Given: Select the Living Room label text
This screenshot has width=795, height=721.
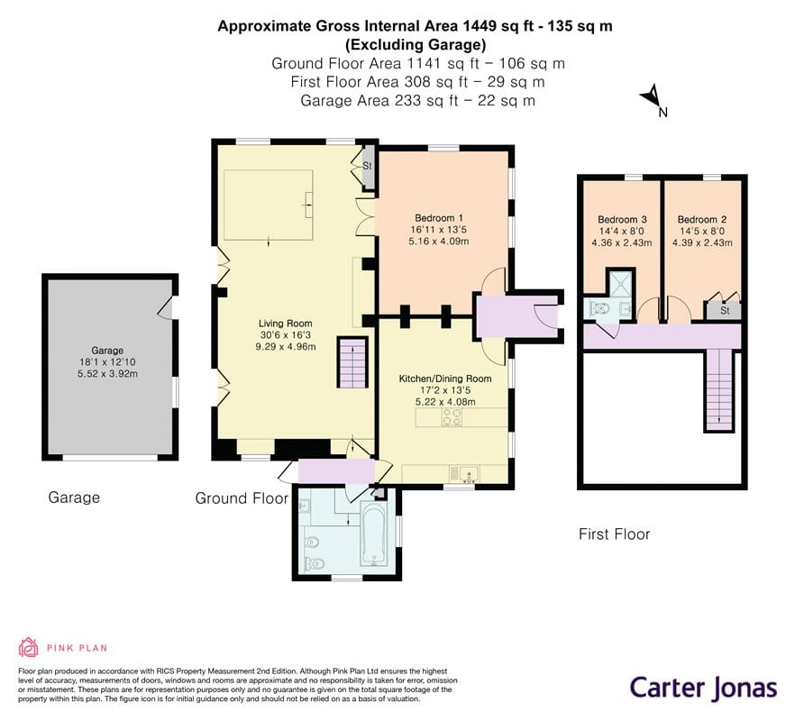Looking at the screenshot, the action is click(286, 324).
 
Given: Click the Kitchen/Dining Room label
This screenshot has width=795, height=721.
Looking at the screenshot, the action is click(445, 379).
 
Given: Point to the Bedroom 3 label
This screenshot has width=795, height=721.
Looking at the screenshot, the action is click(622, 220).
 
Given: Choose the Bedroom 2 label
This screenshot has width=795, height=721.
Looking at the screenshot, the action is click(702, 220).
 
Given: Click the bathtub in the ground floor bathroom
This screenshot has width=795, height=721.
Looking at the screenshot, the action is click(374, 533).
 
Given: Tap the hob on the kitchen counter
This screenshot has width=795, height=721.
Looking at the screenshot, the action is click(452, 417).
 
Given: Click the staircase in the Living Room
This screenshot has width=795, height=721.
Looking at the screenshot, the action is click(352, 363).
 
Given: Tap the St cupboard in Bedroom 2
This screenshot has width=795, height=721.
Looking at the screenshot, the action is click(724, 310).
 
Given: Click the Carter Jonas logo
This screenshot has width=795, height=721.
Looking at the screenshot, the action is click(704, 689).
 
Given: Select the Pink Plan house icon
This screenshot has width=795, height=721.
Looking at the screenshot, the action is click(29, 647).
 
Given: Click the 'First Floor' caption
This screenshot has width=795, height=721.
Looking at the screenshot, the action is click(614, 534).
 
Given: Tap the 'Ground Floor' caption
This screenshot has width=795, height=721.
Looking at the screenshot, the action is click(242, 498).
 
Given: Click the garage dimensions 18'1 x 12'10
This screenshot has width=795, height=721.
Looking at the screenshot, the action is click(107, 362).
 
